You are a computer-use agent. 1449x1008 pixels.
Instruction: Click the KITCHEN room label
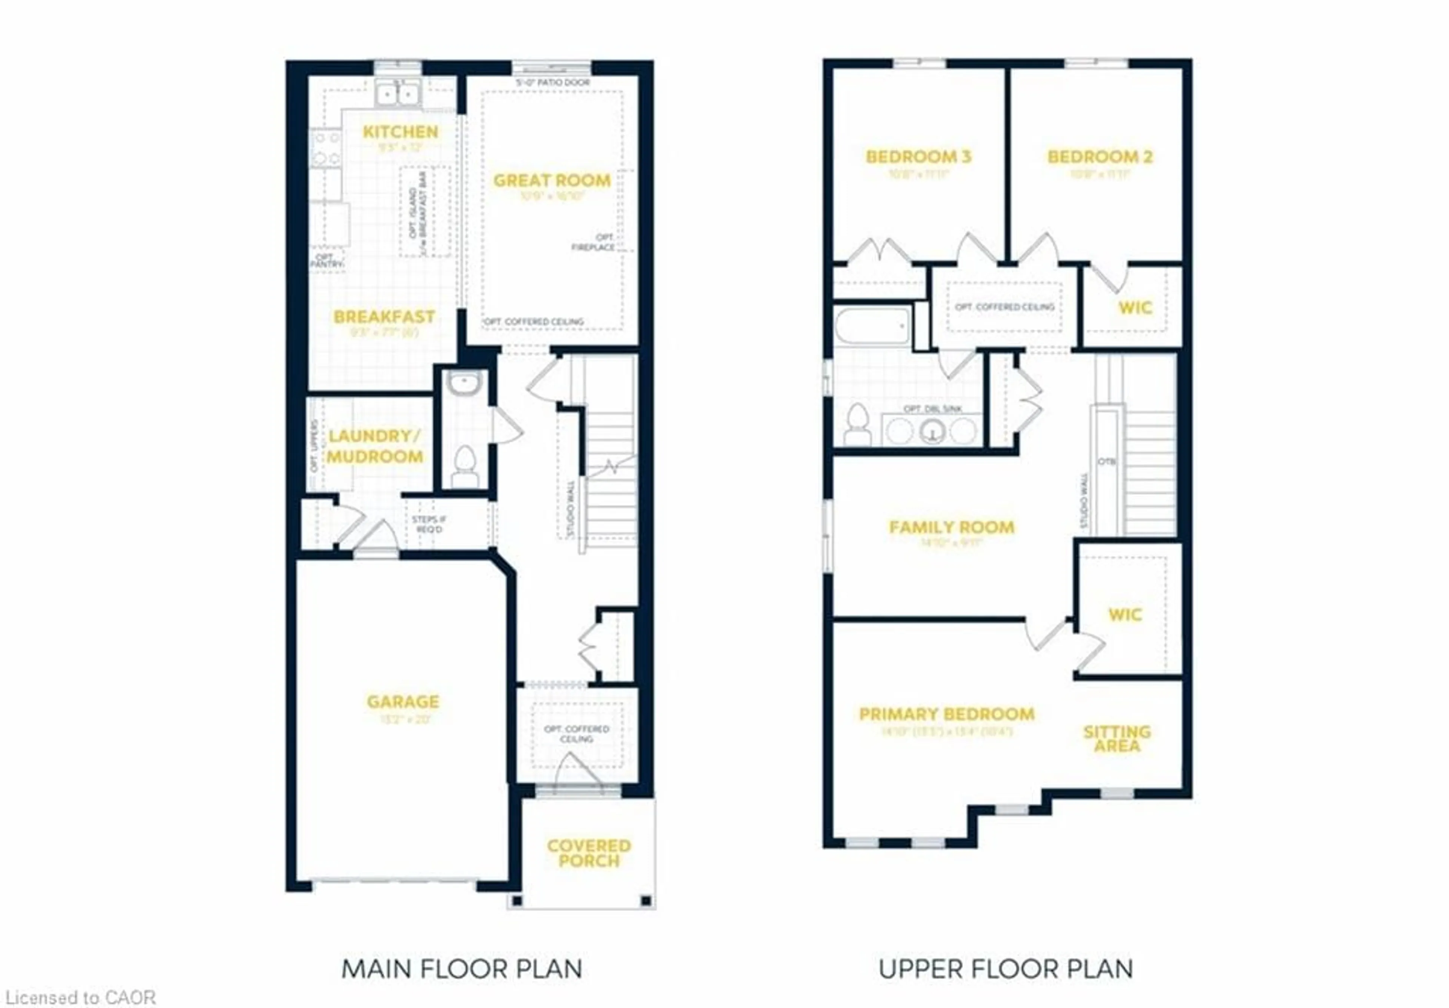tap(400, 132)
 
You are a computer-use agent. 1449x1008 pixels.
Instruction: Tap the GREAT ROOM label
tap(552, 180)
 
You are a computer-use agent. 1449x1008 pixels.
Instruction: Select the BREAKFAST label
tap(384, 316)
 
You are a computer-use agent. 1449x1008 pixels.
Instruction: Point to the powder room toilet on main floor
tap(465, 466)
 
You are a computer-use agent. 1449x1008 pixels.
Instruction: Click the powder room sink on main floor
tap(464, 383)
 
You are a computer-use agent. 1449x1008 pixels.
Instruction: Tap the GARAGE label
tap(403, 702)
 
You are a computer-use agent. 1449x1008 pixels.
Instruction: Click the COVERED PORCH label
tap(588, 853)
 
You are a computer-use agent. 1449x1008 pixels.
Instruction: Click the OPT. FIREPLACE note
tap(593, 242)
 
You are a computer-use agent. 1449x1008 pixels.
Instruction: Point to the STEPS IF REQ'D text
tap(429, 524)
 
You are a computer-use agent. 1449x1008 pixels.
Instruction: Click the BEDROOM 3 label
tap(918, 157)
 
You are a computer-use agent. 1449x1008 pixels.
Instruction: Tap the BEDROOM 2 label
tap(1099, 157)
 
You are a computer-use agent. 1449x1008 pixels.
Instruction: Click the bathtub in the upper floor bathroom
tap(872, 326)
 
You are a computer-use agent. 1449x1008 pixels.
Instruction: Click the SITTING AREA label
tap(1117, 738)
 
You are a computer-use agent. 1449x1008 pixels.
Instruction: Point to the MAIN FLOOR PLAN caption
tap(461, 968)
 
